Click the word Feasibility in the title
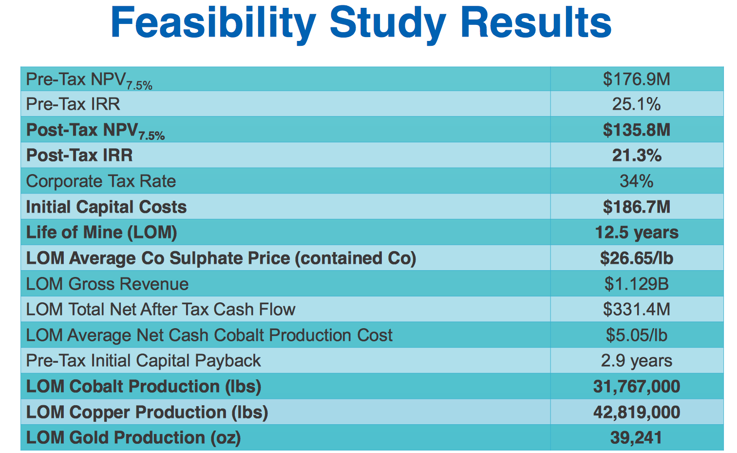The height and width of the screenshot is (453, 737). click(x=213, y=23)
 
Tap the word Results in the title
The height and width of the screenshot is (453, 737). click(x=536, y=23)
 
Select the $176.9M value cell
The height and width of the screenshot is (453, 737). click(x=636, y=79)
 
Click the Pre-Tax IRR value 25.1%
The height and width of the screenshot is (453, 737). click(x=636, y=104)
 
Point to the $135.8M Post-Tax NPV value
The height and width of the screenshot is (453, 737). click(x=636, y=130)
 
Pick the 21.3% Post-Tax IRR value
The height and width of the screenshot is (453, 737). click(x=636, y=156)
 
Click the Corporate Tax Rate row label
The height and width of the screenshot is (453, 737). click(x=101, y=181)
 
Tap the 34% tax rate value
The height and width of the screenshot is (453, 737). click(x=636, y=181)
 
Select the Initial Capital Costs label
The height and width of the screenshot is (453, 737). click(x=106, y=207)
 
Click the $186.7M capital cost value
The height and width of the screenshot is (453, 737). click(x=636, y=207)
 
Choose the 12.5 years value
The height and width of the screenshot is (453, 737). click(x=636, y=233)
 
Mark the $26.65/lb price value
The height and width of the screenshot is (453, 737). click(x=636, y=258)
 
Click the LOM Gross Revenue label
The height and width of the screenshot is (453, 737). click(x=107, y=284)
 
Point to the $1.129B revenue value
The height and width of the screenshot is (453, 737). click(x=636, y=284)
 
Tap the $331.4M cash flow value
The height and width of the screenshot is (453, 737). click(x=636, y=309)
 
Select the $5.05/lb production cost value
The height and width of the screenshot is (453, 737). click(x=636, y=335)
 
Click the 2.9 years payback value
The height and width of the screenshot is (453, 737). click(x=636, y=361)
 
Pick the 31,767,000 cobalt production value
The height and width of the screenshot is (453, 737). click(x=636, y=387)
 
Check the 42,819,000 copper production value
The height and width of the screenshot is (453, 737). click(x=636, y=413)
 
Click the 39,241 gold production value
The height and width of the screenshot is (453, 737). click(x=636, y=438)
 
